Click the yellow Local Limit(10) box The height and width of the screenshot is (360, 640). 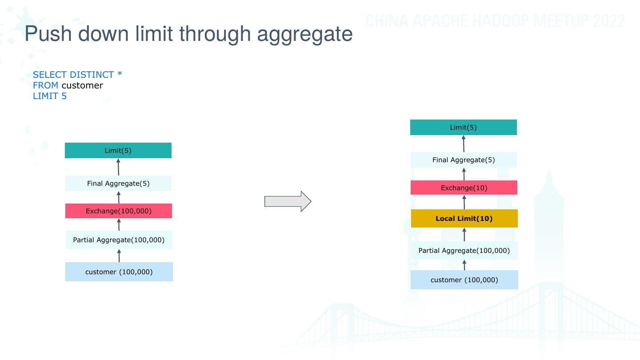[464, 219]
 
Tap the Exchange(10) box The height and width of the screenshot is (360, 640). [464, 188]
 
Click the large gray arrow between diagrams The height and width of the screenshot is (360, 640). [288, 201]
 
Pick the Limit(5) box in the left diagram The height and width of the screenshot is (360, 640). [118, 150]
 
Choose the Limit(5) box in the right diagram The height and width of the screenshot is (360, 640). [464, 127]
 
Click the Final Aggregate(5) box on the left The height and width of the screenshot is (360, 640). [118, 183]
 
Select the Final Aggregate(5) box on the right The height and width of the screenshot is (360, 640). [464, 160]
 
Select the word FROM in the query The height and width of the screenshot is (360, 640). [45, 85]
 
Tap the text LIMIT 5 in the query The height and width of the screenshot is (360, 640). [50, 96]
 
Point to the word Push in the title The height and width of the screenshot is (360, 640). [48, 33]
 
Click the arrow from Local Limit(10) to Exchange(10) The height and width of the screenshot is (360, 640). [464, 202]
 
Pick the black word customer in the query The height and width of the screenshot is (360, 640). [82, 85]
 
